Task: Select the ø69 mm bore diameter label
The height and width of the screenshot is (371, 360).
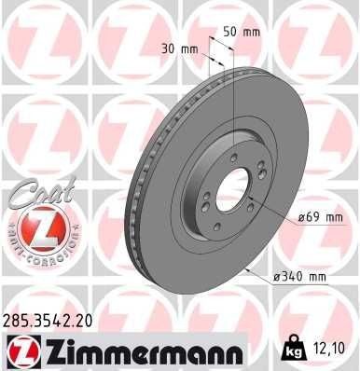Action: click(x=296, y=217)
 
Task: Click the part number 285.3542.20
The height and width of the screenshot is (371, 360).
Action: click(x=49, y=319)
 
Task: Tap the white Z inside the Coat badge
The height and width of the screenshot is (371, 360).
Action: click(x=33, y=227)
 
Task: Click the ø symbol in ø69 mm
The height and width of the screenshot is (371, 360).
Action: click(x=277, y=217)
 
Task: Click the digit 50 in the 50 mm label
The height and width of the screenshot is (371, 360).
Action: click(x=229, y=32)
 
